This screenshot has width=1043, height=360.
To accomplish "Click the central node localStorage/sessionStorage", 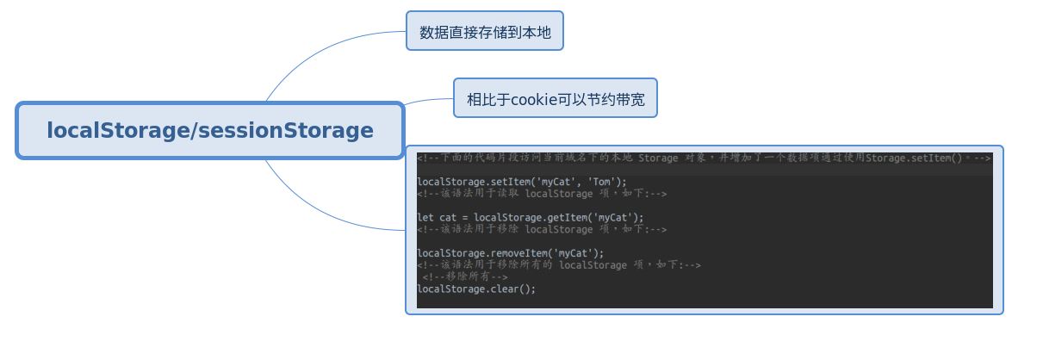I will coord(210,131).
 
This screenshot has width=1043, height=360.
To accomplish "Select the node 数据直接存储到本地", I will coord(485,32).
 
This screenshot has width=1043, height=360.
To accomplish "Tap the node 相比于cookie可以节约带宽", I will coord(556,98).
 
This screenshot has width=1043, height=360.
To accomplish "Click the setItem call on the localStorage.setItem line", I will coord(511,182).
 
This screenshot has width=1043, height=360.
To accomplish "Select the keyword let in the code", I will coord(425,218).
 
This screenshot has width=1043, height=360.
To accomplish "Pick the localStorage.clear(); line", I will coord(476,289).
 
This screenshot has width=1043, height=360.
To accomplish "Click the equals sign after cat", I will coord(465,218).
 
